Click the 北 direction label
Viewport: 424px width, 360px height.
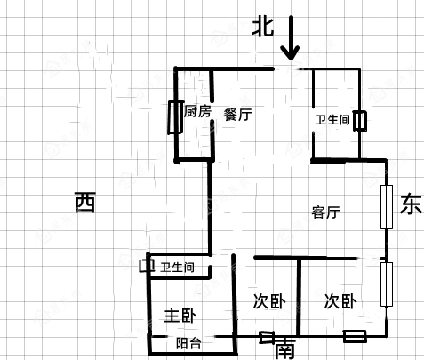click(263, 27)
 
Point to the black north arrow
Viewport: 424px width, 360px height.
click(291, 38)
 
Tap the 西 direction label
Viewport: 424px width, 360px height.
click(85, 202)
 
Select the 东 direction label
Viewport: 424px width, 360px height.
click(411, 204)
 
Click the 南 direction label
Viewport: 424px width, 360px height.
click(285, 348)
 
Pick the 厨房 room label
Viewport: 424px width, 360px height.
click(197, 111)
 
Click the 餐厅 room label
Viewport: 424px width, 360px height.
click(237, 115)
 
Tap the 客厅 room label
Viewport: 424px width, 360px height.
click(325, 212)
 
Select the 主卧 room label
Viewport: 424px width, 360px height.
click(180, 316)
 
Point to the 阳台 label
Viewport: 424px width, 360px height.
click(188, 344)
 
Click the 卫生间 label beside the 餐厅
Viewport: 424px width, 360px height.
click(332, 120)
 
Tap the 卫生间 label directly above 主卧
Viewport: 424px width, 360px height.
click(177, 268)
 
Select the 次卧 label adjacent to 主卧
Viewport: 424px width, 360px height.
click(269, 301)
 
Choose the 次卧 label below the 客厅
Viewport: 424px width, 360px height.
click(340, 301)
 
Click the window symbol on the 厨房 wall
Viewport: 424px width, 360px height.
click(175, 117)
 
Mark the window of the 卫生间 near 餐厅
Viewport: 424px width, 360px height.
click(360, 121)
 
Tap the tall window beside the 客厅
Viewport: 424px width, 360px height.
click(387, 207)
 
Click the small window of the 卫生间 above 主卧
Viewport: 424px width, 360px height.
click(147, 266)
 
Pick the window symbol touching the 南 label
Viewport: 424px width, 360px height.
click(267, 338)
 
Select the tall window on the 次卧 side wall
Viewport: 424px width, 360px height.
click(387, 284)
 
